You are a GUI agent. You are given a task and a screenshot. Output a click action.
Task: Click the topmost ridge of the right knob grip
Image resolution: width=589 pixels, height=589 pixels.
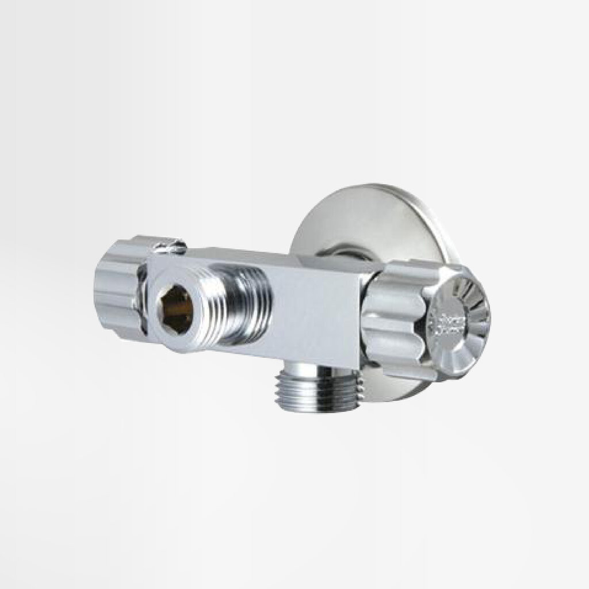click(x=403, y=270)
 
